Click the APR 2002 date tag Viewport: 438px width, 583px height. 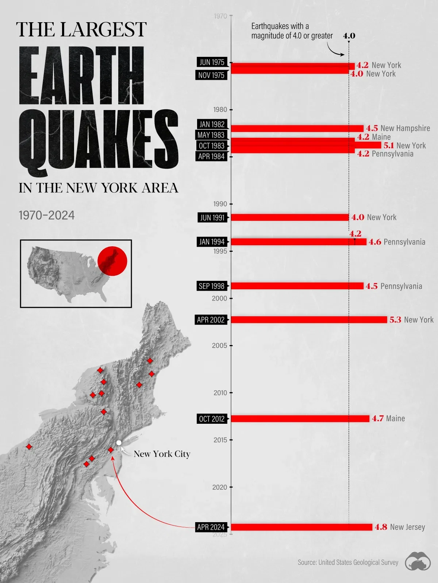point(211,320)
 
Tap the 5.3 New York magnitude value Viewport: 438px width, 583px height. point(395,320)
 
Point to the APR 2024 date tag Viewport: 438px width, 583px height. point(211,527)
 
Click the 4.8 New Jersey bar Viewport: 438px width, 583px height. point(301,527)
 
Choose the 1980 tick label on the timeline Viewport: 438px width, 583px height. point(220,110)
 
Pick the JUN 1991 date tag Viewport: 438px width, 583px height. point(212,218)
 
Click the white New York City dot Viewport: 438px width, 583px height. point(119,443)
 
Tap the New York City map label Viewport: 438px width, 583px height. point(162,454)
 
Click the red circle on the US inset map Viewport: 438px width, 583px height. point(112,261)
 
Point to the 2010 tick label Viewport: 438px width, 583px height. point(220,393)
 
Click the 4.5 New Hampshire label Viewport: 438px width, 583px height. point(398,128)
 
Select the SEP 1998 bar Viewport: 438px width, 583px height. point(297,286)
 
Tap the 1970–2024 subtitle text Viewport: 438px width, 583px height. point(47,215)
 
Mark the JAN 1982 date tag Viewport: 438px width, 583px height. point(212,124)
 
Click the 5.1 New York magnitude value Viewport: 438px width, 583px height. point(389,145)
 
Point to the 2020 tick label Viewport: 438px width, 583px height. point(220,487)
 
